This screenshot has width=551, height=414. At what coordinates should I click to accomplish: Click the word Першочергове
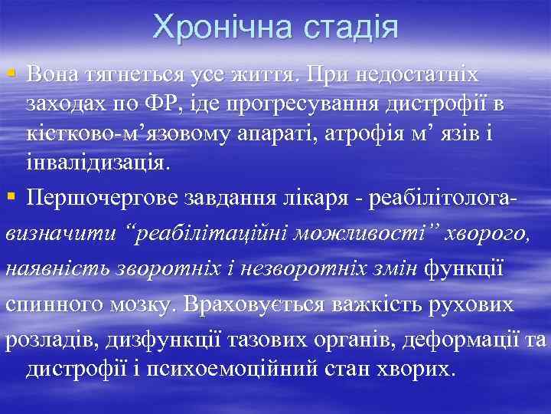tap(100, 199)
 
